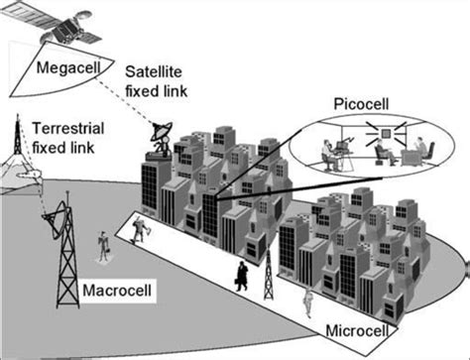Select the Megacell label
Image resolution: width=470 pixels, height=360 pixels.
(x=65, y=68)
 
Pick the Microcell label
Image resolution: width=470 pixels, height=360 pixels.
(x=358, y=330)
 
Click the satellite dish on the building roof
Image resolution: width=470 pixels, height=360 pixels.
(x=162, y=133)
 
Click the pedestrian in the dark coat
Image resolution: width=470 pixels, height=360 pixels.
(x=243, y=277)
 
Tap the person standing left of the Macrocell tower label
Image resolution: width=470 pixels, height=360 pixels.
(x=101, y=247)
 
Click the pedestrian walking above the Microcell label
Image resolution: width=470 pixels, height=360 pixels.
(x=309, y=300)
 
